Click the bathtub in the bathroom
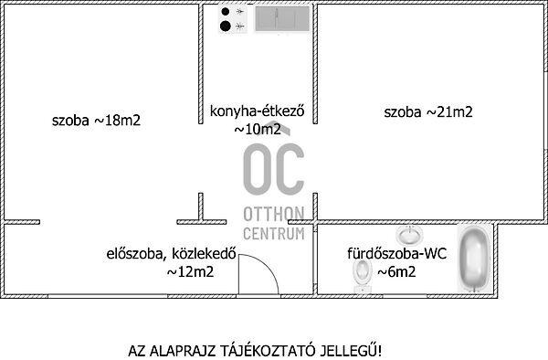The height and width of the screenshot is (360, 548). pos(474,259)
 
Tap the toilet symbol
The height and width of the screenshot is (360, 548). pos(363,275)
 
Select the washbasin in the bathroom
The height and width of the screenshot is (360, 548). pos(409,235)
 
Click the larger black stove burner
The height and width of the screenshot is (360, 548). pos(226,26)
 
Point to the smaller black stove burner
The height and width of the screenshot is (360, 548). pos(226,12)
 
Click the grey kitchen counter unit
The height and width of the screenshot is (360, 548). pos(282,19)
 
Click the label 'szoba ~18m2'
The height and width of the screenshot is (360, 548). pos(96,121)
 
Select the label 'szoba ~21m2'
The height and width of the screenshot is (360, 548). pos(428,112)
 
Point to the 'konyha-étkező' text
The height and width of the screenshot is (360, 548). pos(257,111)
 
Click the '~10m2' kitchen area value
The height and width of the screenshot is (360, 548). pos(258,130)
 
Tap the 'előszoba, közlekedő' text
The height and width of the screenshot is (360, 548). pos(172,254)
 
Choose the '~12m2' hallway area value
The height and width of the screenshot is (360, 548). pos(190,271)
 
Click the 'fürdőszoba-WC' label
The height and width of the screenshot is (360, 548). pos(397,253)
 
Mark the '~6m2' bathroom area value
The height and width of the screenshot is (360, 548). pos(396,271)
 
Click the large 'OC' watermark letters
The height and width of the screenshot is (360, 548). pos(274,169)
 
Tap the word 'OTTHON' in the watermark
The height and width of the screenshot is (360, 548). pos(274,214)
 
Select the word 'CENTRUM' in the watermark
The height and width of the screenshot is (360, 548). pos(274,234)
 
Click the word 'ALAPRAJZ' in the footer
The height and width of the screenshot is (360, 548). pos(182,351)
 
